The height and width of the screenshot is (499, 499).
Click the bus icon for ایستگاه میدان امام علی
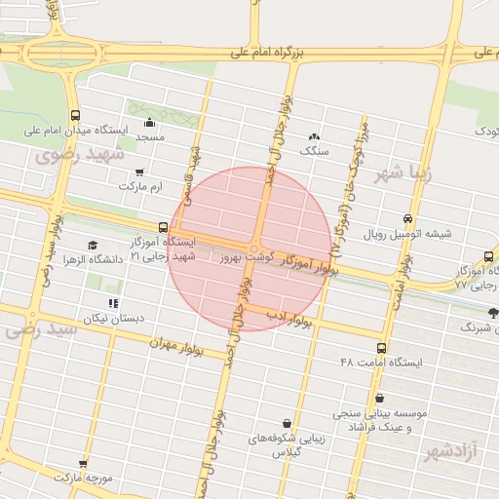(76, 114)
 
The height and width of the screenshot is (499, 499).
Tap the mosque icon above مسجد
(149, 123)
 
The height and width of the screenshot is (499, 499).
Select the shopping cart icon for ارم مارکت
(140, 172)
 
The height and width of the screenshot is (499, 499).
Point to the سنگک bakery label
(314, 150)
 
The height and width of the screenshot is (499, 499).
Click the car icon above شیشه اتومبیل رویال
(407, 218)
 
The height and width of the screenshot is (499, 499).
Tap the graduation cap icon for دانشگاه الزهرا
(93, 245)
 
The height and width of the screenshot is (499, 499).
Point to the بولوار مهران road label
(176, 345)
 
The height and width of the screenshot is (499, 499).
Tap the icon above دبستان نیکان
(114, 303)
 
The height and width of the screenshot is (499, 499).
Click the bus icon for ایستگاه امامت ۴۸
(380, 347)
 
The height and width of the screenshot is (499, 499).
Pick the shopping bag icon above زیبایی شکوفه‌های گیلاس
(286, 423)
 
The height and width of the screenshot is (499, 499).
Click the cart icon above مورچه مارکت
(84, 464)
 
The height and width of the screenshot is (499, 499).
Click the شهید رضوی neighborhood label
(80, 156)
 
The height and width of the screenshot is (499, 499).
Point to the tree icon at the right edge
(492, 314)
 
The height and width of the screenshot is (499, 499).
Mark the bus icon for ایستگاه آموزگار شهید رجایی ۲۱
(163, 227)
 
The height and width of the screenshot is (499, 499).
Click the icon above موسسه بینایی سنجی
(378, 399)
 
